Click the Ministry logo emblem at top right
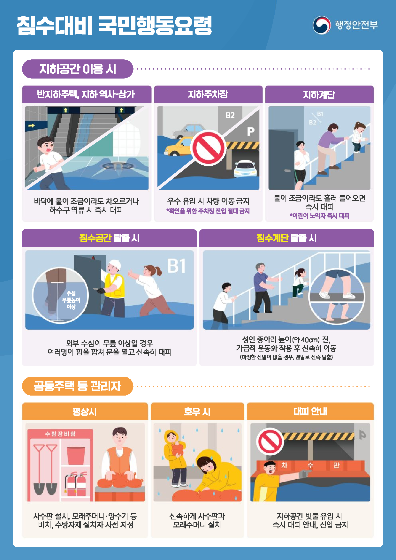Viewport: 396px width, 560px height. coord(321,25)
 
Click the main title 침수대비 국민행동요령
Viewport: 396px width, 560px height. coord(114,26)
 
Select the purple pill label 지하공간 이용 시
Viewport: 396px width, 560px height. coord(78,69)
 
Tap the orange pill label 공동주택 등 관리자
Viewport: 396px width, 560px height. coord(78,386)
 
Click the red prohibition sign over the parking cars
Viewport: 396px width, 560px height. coord(208,148)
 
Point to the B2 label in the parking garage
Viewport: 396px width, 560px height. coord(230,115)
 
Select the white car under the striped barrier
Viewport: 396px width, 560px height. coord(245,168)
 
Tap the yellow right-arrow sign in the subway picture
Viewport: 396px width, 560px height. coord(31,125)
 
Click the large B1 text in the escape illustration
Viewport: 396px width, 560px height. coord(177,266)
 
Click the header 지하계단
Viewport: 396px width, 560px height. coord(319,95)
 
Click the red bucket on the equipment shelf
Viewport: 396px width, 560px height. coord(76,455)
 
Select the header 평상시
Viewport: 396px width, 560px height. coord(85,412)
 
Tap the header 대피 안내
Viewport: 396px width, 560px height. coord(310,412)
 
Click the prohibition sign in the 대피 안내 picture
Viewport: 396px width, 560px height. coord(270,442)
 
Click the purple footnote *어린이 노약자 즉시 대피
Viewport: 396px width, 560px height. coord(319,216)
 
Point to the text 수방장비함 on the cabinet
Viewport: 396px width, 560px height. coord(60,434)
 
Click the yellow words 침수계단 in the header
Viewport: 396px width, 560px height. coord(272,238)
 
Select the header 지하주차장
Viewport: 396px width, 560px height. coord(208,95)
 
